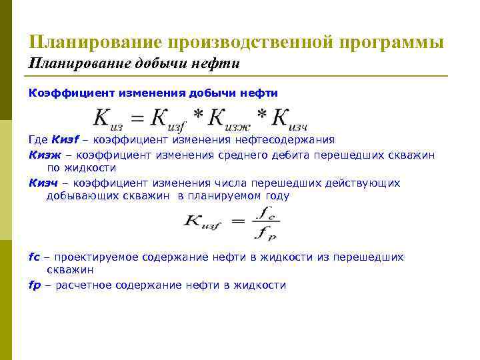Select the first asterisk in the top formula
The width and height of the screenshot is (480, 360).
point(198,114)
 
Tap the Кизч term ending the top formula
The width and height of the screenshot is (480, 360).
point(290,118)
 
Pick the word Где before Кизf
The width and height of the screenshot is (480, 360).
point(39,140)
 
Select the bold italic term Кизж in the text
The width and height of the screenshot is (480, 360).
point(45,155)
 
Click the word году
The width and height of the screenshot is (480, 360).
point(277,196)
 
